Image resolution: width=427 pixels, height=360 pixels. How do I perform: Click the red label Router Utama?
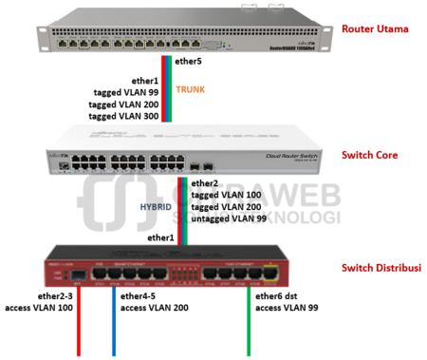point(377,29)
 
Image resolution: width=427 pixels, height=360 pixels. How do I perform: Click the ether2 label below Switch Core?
point(204,182)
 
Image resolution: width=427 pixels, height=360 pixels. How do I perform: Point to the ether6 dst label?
point(278,296)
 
